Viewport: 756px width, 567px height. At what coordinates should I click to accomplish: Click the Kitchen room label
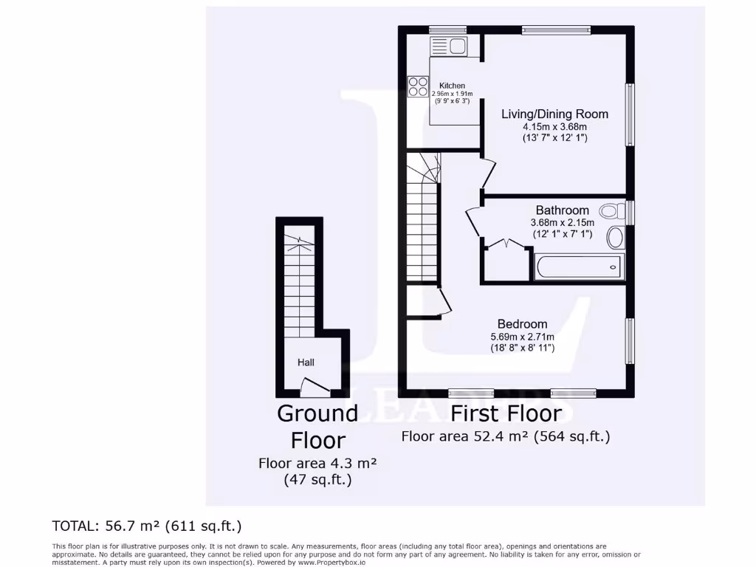452,86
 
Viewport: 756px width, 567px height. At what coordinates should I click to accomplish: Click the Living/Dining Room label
554,114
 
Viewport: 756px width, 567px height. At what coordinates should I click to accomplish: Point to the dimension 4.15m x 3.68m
554,126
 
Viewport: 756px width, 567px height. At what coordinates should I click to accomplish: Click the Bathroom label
562,210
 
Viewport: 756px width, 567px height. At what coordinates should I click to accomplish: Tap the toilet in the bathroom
611,212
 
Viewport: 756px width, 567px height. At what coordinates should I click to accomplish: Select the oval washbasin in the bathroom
615,238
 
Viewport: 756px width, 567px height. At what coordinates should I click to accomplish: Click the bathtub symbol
580,267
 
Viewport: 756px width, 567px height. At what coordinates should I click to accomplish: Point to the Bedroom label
522,324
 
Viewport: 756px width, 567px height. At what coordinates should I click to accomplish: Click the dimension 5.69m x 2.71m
522,337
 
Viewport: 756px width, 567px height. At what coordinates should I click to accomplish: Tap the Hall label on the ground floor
306,362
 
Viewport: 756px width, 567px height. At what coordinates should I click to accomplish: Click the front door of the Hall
314,385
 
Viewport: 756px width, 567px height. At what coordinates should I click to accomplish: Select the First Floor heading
506,413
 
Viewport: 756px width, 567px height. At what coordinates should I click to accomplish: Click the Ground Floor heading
317,426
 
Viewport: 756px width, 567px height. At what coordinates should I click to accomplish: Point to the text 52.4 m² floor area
506,436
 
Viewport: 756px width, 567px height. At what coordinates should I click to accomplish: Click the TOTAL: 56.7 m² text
147,526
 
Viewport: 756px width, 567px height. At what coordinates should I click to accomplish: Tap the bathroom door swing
473,222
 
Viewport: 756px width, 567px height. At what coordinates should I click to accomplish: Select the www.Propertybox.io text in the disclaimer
331,562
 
